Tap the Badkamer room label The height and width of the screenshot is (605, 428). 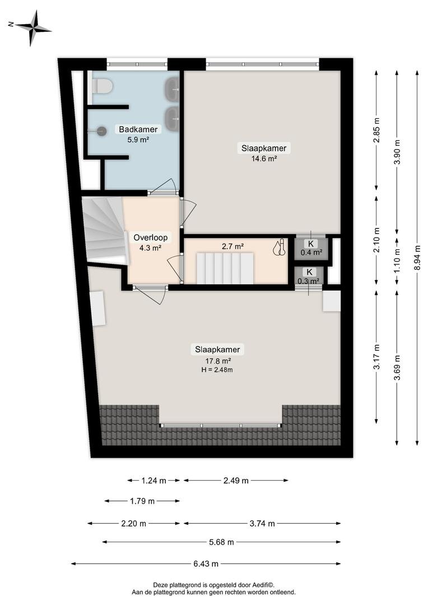pos(138,129)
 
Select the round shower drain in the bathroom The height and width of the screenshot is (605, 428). pos(102,131)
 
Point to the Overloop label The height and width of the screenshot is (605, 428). pos(151,238)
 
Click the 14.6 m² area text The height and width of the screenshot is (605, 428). pos(264,158)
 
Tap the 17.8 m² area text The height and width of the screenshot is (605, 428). pos(218,361)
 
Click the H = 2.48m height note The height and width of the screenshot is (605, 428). pos(217,370)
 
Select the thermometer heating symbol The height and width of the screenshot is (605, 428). pos(280,248)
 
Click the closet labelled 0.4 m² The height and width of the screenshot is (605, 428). pos(311,249)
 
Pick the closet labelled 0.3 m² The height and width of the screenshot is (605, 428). pos(309,276)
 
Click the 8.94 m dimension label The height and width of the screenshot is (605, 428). pos(417,258)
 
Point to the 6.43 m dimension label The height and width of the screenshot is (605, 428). pos(206,564)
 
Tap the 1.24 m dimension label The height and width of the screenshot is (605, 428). pos(153,481)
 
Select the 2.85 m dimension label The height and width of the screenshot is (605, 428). pos(376,129)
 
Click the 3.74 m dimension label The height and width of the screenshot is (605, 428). pos(262,523)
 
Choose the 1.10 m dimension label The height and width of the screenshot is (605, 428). pos(397,259)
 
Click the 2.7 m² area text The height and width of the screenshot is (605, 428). pos(232,246)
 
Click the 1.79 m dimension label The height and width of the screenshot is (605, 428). pos(142,501)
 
